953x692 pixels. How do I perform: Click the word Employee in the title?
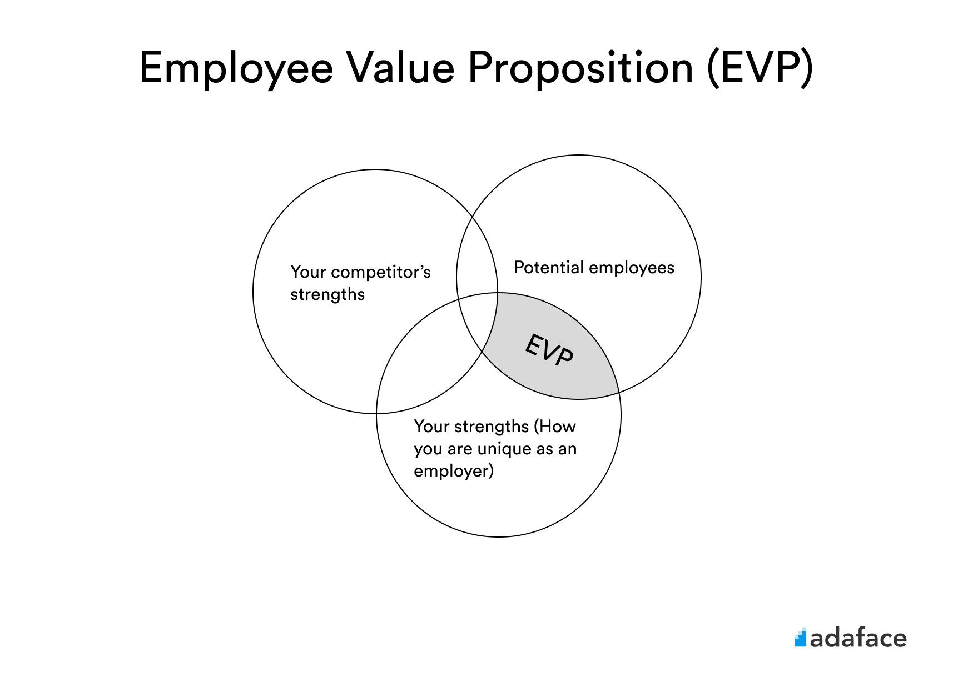pos(236,69)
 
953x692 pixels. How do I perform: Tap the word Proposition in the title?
pos(580,69)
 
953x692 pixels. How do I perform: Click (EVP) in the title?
pos(760,68)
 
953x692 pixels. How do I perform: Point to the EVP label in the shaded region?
pos(549,350)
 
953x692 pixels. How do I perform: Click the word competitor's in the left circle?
pos(381,273)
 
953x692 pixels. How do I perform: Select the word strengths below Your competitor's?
pos(327,294)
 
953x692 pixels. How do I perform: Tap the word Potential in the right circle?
pos(549,267)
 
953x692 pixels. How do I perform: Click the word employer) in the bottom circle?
pos(454,472)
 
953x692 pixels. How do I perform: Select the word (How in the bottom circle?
pos(555,427)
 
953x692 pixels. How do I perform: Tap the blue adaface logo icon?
pos(800,637)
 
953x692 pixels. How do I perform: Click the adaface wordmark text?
pos(858,638)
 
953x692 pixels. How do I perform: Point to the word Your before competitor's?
pos(308,272)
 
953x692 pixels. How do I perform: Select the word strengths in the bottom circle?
pos(492,427)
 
